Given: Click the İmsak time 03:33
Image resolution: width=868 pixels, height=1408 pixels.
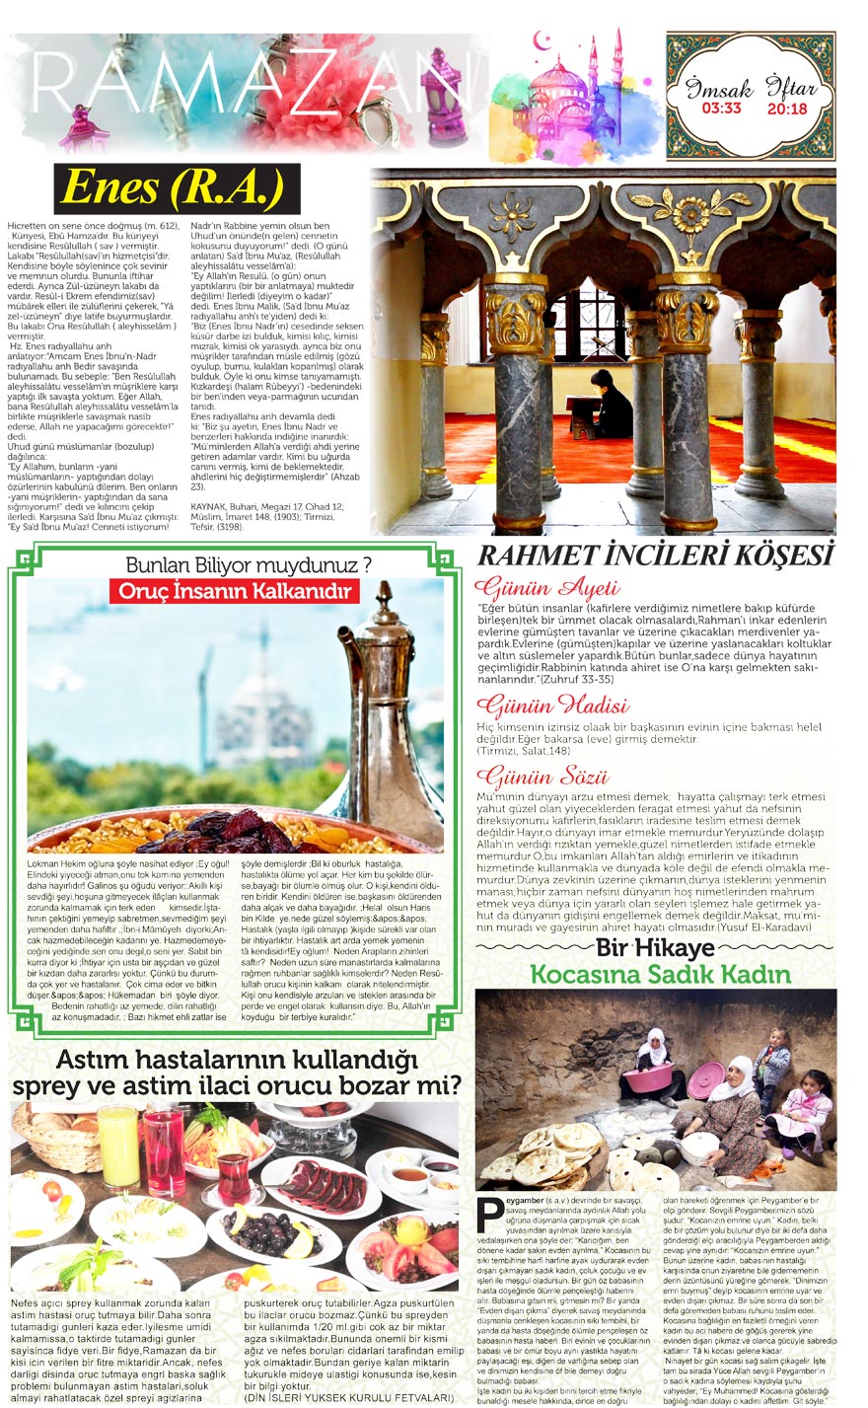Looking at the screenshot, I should (721, 109).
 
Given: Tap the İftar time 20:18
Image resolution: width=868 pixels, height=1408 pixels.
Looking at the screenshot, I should (786, 109).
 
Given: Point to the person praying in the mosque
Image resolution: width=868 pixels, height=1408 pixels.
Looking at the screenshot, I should (611, 405).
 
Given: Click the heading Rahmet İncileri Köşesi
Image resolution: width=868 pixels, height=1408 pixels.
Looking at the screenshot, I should (656, 556).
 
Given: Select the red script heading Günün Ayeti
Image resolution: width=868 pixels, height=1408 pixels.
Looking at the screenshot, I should (546, 589).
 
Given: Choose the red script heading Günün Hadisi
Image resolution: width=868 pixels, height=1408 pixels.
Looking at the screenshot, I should (551, 704).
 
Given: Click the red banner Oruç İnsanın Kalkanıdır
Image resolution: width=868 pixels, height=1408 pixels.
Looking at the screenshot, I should (234, 592).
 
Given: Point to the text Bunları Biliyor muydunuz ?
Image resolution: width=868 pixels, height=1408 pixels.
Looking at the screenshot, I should (248, 565).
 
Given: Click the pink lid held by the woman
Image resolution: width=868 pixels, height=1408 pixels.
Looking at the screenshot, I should (706, 1080).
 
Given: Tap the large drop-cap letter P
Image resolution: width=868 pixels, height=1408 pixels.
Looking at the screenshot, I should (486, 1213).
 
